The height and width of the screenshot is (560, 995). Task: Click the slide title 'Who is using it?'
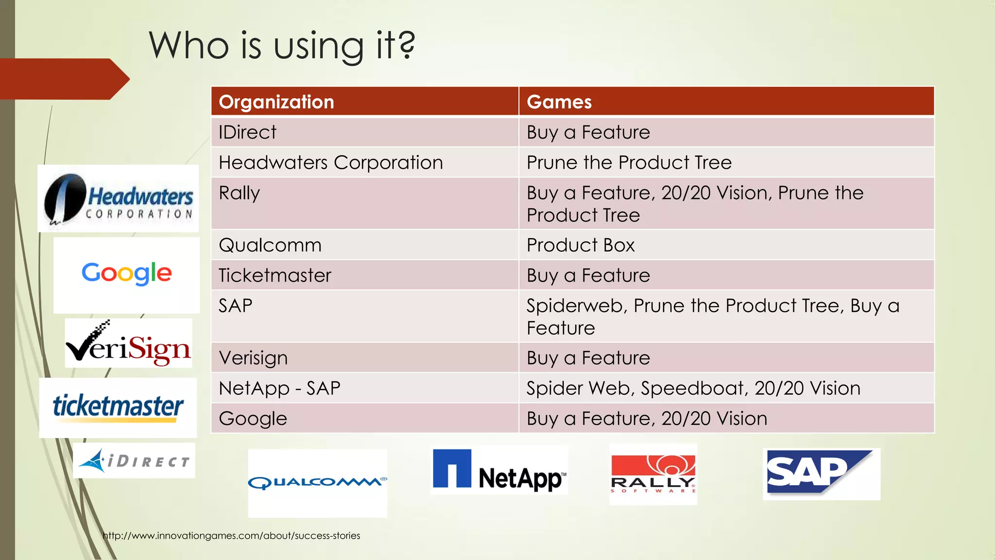click(282, 45)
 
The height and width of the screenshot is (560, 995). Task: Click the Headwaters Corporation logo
click(119, 199)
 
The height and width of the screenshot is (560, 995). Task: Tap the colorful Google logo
click(127, 274)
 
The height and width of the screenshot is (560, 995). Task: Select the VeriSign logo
click(129, 344)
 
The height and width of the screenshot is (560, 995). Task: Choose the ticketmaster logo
click(118, 407)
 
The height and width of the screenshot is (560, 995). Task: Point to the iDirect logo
click(134, 460)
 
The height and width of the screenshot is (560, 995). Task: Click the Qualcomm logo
click(317, 482)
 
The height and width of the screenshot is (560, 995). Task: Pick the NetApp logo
click(499, 470)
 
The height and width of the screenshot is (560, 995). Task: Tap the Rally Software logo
click(653, 474)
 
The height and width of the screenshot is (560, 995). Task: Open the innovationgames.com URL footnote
click(231, 536)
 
